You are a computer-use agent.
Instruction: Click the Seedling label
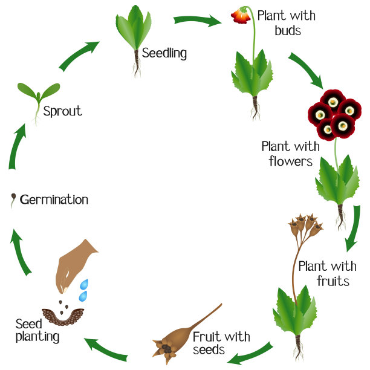click(x=164, y=53)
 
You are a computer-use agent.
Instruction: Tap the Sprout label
click(x=62, y=111)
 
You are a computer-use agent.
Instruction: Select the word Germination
click(x=54, y=200)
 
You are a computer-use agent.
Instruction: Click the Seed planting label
click(x=37, y=330)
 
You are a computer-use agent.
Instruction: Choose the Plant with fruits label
click(x=327, y=273)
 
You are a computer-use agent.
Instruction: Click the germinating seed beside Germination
click(x=13, y=200)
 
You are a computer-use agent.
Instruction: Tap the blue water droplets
click(x=85, y=290)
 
